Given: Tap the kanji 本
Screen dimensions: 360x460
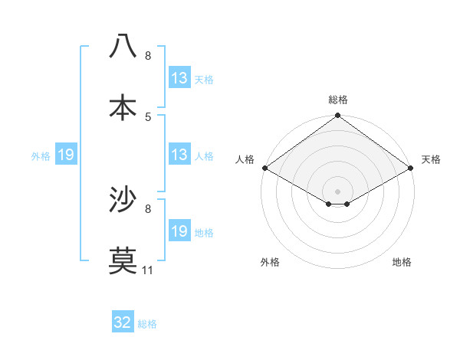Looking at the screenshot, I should coord(123,107).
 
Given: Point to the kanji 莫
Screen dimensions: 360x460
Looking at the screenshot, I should coord(123,261).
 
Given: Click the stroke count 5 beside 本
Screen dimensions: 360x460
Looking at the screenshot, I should coord(148,116).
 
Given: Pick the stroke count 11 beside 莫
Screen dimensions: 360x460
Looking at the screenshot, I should coord(148,270).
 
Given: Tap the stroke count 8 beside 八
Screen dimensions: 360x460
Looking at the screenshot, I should coord(148,55).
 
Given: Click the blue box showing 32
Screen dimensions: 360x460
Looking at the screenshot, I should coord(123,323).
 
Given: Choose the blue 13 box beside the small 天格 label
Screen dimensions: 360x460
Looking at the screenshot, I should coord(179,78).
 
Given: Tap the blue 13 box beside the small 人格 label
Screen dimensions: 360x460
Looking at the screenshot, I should coord(179,155).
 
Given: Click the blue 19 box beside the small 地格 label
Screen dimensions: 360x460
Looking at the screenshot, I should coord(179,231).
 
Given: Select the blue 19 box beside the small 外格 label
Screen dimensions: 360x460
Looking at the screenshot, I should coord(66,155).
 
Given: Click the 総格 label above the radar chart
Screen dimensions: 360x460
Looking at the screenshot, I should coord(338,100).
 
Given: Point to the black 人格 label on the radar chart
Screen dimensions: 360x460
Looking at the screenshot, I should coord(245,159).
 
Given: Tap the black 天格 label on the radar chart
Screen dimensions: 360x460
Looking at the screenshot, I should coord(432,159).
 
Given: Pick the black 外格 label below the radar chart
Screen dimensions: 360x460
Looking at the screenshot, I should coord(270,262).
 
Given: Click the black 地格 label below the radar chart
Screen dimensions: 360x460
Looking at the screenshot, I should coord(402,262).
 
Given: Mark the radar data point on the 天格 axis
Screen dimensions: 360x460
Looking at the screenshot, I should coord(412,167).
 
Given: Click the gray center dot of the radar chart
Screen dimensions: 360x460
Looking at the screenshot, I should coord(338,191).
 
